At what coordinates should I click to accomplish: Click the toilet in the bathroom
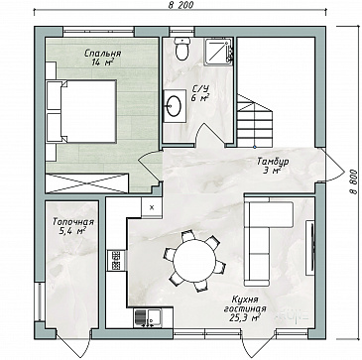(x=182, y=49)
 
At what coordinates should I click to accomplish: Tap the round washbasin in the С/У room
(x=174, y=106)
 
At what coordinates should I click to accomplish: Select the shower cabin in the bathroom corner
(x=219, y=52)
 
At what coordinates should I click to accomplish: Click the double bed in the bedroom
(x=81, y=111)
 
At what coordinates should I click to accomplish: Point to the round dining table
(x=195, y=261)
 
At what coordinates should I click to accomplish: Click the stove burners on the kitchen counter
(x=116, y=261)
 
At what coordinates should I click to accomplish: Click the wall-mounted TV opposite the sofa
(x=310, y=247)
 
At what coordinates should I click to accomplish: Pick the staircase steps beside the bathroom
(x=255, y=121)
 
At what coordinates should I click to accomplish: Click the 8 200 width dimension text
(x=181, y=5)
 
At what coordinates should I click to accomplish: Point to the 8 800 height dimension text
(x=353, y=181)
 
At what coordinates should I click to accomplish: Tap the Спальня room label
(x=102, y=53)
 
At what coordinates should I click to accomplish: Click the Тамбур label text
(x=273, y=162)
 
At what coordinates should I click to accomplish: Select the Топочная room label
(x=73, y=222)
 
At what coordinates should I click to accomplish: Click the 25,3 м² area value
(x=244, y=318)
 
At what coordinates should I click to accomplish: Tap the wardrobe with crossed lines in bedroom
(x=87, y=182)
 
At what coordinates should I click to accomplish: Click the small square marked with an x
(x=152, y=207)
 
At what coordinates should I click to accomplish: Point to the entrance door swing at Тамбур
(x=333, y=165)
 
